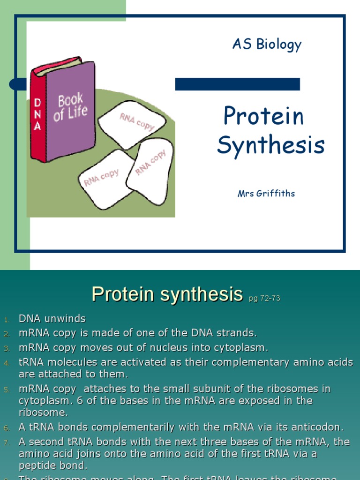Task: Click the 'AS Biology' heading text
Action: [267, 45]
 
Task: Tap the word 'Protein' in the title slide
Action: [263, 116]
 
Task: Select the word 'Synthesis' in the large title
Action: [270, 145]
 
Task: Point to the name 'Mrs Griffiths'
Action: [266, 194]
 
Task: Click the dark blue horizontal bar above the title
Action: [237, 84]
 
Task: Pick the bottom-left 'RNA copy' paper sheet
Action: [103, 179]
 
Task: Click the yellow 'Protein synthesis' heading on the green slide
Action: [167, 294]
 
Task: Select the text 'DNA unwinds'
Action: [52, 319]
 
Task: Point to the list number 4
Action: [7, 363]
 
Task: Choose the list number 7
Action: [7, 442]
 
